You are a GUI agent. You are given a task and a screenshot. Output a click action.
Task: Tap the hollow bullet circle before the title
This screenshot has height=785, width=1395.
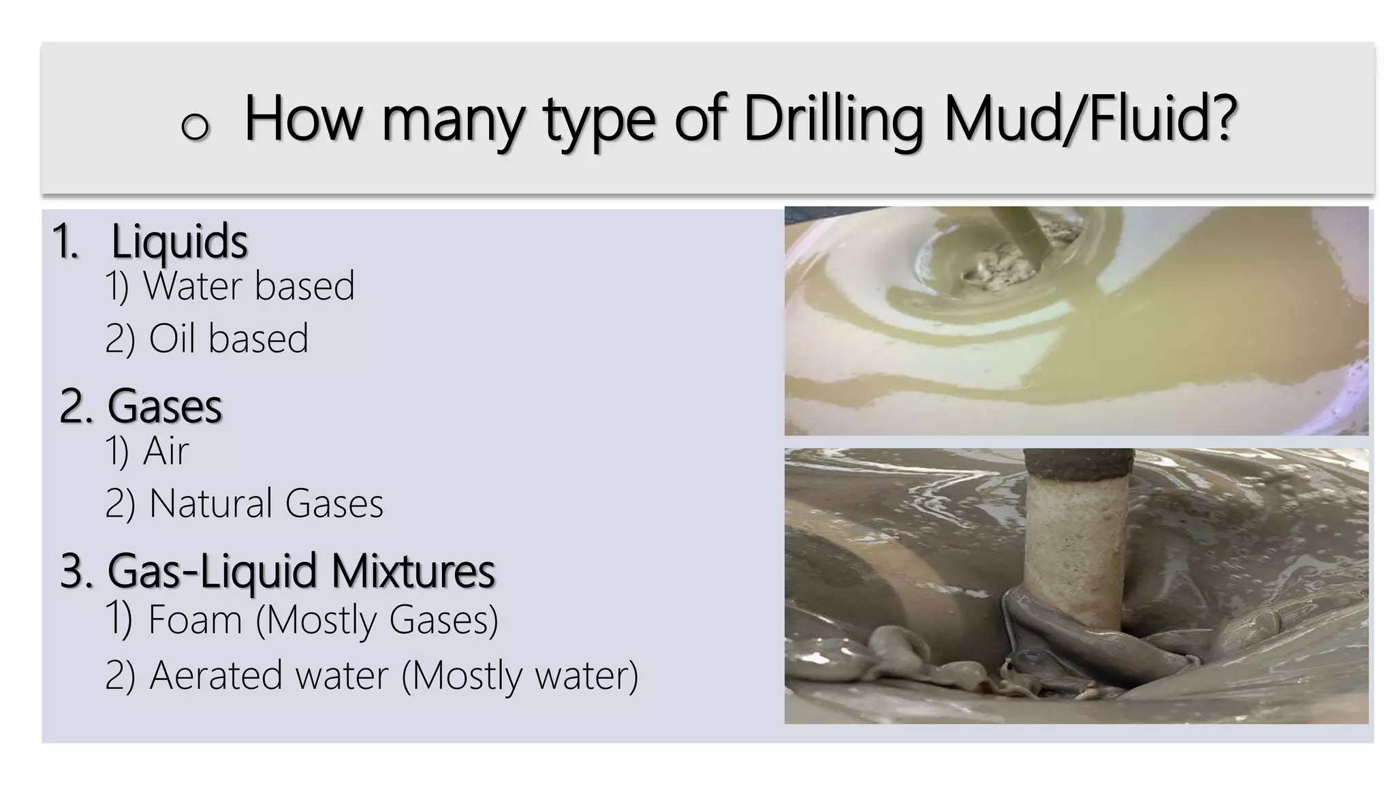click(x=195, y=126)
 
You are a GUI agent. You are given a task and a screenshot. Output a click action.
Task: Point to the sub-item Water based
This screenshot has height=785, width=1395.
click(x=249, y=286)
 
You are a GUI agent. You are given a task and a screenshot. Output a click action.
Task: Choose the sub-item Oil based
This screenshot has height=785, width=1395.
click(x=228, y=339)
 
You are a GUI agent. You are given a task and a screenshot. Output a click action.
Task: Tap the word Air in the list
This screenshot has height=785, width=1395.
click(x=166, y=451)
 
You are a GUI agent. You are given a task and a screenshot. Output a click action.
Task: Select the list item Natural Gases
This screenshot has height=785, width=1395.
click(x=266, y=504)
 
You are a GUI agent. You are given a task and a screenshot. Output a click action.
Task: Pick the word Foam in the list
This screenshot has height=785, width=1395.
click(x=195, y=620)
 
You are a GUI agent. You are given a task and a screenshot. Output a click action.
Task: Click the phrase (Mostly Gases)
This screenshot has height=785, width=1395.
click(x=377, y=620)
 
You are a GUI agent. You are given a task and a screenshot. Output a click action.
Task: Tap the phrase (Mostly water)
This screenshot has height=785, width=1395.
click(x=520, y=675)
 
